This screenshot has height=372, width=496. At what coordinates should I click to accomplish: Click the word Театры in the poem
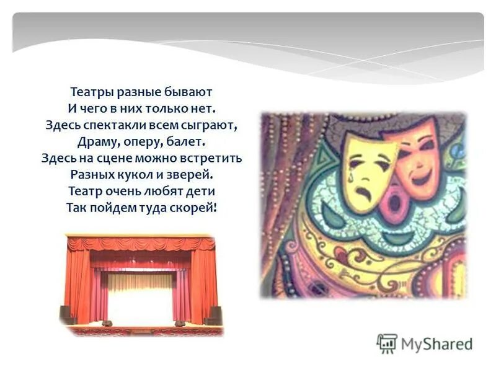point(91,92)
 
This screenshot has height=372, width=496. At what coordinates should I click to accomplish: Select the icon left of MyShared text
point(387,343)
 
